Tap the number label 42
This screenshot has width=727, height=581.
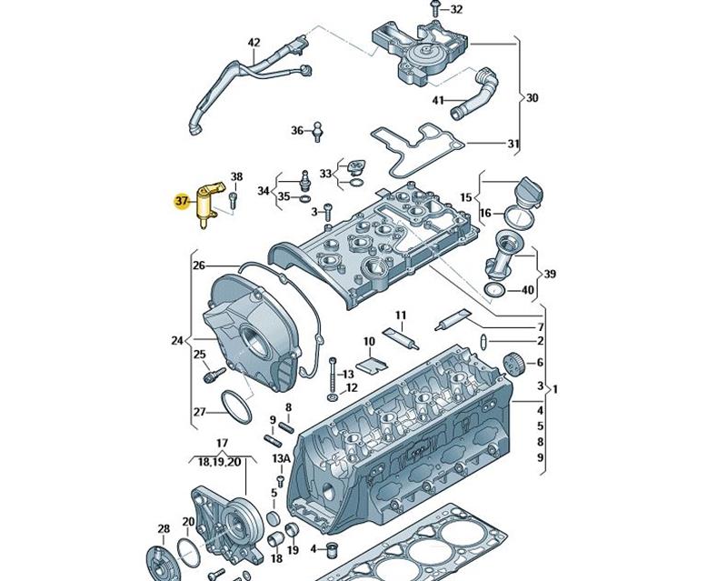(254, 43)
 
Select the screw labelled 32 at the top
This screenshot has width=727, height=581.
(436, 10)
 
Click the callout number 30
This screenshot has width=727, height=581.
(533, 98)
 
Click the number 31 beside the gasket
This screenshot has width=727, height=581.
(513, 143)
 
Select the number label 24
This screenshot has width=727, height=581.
(176, 342)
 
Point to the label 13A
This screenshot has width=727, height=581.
(282, 458)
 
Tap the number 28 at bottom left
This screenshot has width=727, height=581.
(164, 528)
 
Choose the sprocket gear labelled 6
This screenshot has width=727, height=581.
(515, 364)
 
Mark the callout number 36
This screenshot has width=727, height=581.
(297, 131)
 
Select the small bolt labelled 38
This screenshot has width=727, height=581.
(233, 195)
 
